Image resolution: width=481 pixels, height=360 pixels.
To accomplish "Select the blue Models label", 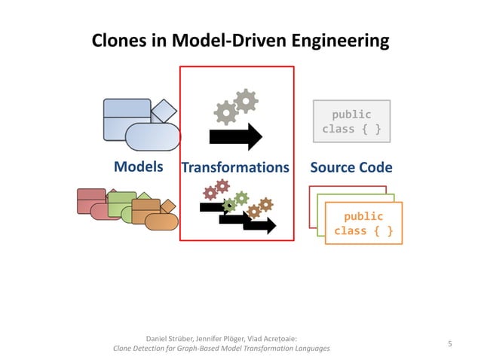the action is pos(138,166).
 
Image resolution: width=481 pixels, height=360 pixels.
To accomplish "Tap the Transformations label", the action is pos(236,167).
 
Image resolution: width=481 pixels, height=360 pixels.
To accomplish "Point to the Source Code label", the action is pos(351,167).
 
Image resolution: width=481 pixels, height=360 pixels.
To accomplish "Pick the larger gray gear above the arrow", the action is pos(245,100).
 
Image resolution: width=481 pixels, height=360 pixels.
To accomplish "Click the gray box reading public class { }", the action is pos(351,122).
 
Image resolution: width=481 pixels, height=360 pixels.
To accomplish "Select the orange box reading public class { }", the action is pos(363,223).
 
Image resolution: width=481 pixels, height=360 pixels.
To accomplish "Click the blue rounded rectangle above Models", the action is pos(152,136).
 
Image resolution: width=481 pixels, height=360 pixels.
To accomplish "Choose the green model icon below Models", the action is pos(121,203).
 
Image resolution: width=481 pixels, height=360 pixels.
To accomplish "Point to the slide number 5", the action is pos(449,344).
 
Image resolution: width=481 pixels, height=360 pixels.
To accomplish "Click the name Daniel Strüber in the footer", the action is pos(170,338).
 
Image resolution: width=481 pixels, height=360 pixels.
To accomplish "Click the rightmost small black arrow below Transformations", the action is pos(260,225).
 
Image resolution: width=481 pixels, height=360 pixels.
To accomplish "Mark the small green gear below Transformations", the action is pos(240,198).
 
